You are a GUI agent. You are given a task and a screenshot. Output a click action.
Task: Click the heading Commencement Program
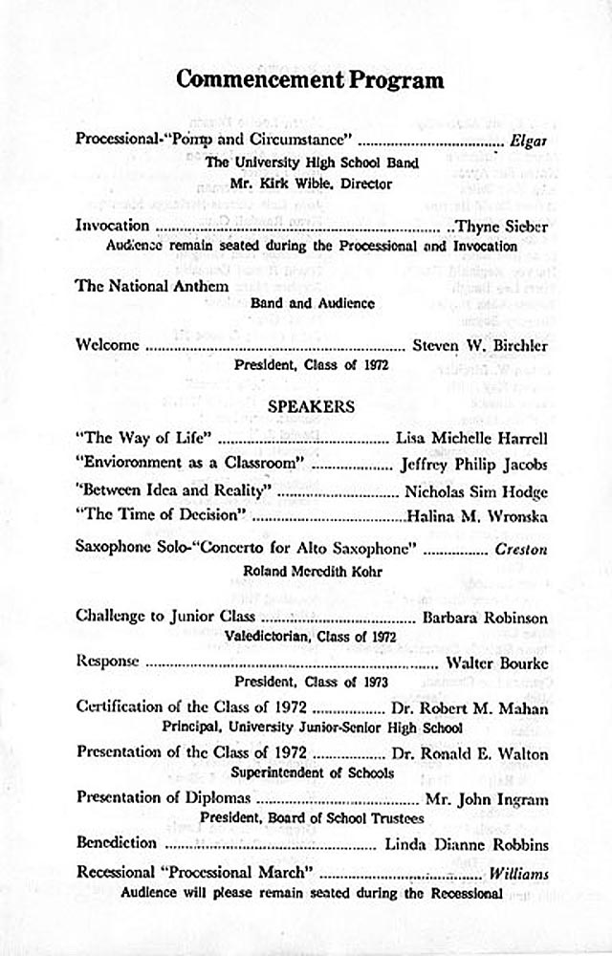pyautogui.click(x=310, y=79)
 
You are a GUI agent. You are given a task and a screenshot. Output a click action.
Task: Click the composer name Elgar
pyautogui.click(x=529, y=140)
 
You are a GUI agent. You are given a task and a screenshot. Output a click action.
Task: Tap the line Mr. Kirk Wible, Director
pyautogui.click(x=311, y=184)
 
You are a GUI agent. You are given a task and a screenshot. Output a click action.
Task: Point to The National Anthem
pyautogui.click(x=152, y=286)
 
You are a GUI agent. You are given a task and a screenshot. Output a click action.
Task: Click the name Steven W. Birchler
pyautogui.click(x=479, y=345)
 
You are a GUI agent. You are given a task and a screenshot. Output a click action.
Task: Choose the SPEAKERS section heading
pyautogui.click(x=311, y=406)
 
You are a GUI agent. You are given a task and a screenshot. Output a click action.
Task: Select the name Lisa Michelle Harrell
pyautogui.click(x=471, y=439)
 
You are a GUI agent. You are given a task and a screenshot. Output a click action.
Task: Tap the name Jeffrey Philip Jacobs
pyautogui.click(x=473, y=466)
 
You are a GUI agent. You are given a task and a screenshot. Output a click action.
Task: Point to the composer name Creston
pyautogui.click(x=521, y=550)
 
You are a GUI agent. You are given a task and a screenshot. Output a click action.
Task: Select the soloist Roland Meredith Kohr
pyautogui.click(x=311, y=571)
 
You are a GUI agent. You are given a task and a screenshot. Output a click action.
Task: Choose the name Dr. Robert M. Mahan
pyautogui.click(x=470, y=708)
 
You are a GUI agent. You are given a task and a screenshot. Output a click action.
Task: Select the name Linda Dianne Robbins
pyautogui.click(x=466, y=844)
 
